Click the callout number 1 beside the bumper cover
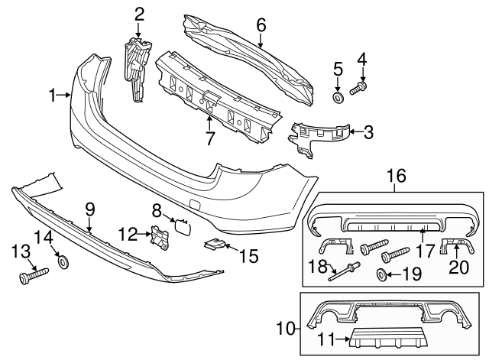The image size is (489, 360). pyautogui.click(x=53, y=96)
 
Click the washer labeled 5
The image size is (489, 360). pyautogui.click(x=337, y=98)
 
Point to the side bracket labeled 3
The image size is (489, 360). pyautogui.click(x=316, y=138)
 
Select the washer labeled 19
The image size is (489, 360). pyautogui.click(x=381, y=274)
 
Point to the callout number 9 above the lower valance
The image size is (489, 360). pyautogui.click(x=89, y=207)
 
